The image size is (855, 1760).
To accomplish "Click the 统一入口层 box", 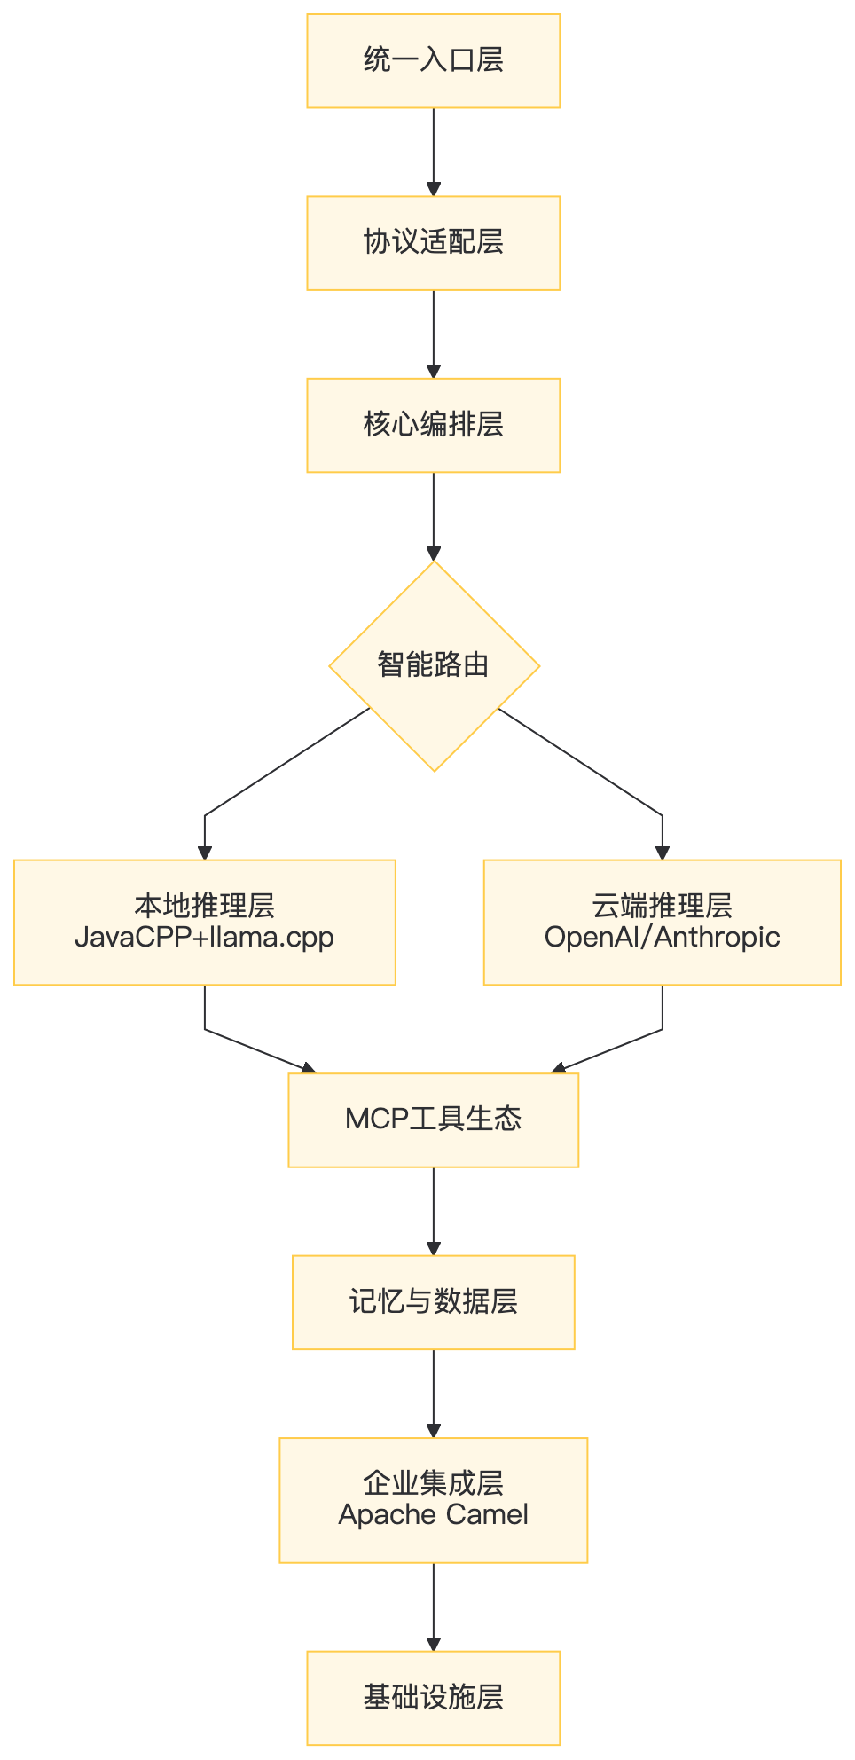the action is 433,60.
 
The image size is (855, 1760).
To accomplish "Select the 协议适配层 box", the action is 433,243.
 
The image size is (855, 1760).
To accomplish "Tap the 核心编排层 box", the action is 433,425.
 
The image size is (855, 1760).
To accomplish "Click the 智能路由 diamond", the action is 434,665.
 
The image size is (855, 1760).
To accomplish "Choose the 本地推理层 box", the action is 205,922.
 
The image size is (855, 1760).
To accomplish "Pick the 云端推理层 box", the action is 663,922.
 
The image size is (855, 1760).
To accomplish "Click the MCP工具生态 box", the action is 433,1120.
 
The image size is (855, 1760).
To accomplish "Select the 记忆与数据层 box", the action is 433,1302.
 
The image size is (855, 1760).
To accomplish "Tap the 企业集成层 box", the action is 433,1500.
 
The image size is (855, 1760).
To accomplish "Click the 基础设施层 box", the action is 433,1698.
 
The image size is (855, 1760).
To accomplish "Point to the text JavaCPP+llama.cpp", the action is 205,938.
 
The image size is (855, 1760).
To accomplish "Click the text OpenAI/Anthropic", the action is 663,937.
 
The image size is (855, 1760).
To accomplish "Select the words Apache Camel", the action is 433,1515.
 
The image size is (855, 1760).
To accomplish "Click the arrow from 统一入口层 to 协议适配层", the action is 433,153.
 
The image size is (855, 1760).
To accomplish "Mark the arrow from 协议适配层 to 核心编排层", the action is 433,334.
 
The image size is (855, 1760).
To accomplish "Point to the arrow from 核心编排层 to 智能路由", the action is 433,516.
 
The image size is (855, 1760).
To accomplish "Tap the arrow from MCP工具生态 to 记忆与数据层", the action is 433,1212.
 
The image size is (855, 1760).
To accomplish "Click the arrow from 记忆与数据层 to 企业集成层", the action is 433,1394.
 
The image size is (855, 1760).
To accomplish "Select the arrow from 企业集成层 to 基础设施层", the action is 433,1607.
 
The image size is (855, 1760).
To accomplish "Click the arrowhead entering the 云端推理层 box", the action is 663,852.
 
